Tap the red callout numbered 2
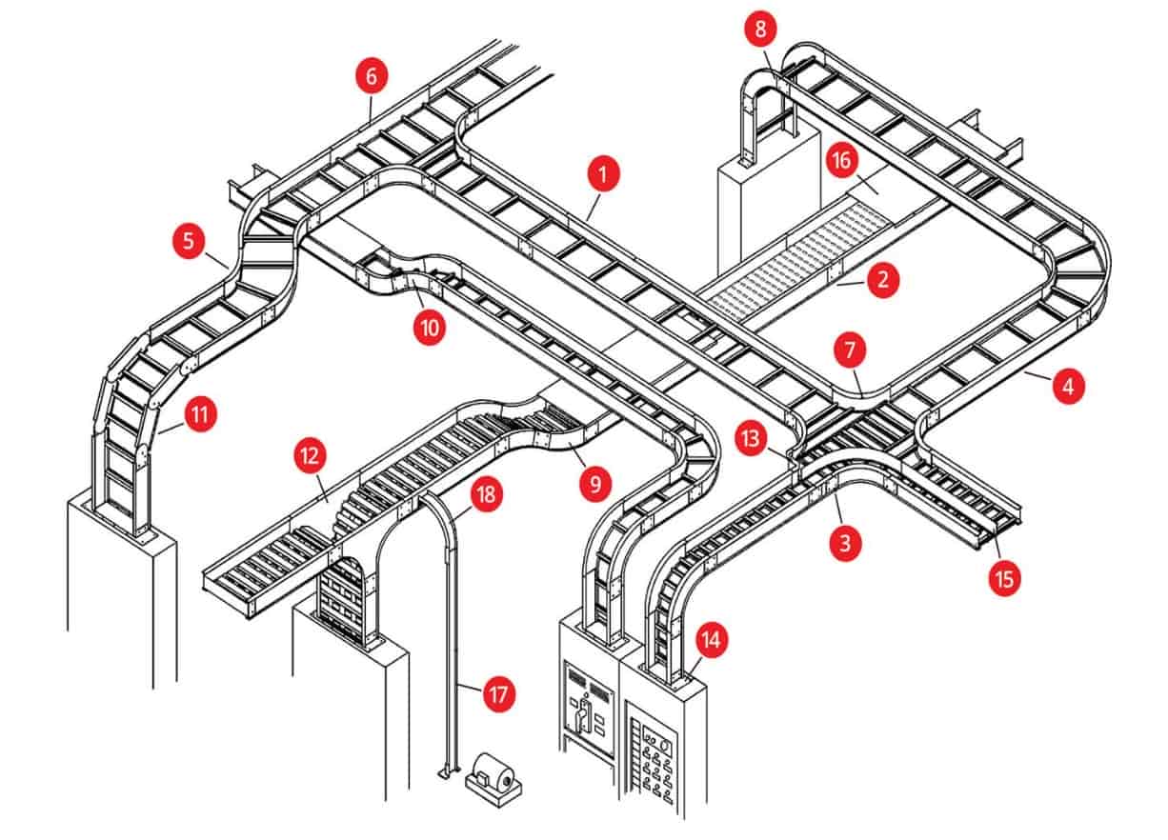882,280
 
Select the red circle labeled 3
845,543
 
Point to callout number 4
1067,387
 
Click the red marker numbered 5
190,241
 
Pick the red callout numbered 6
372,76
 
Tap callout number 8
759,30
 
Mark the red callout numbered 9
594,485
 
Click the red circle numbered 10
429,329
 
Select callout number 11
201,415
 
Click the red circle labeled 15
1005,577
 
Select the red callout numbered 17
496,694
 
